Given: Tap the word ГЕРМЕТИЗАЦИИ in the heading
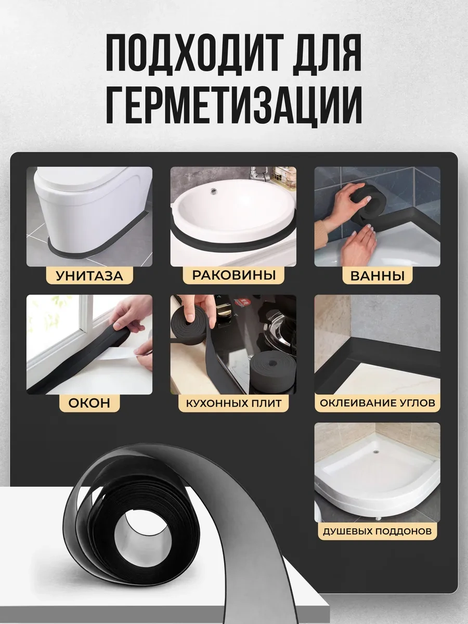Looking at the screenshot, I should click(233, 107).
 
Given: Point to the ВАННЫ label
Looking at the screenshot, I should click(377, 275).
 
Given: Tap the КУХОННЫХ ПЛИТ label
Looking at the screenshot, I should click(233, 403).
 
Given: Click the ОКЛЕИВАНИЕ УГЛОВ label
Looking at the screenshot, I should click(377, 403).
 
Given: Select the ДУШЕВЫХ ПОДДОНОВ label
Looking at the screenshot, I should click(377, 531).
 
